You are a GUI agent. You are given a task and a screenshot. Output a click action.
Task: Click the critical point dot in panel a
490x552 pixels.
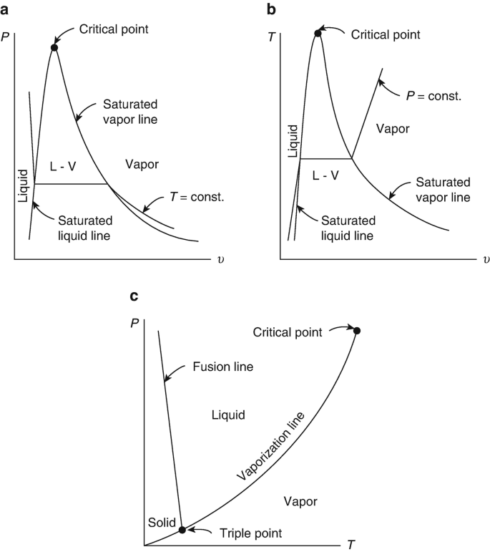[x=54, y=48]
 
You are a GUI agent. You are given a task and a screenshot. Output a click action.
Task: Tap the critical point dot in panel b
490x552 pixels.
[x=318, y=32]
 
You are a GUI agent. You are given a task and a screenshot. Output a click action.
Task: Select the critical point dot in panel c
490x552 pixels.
[x=357, y=330]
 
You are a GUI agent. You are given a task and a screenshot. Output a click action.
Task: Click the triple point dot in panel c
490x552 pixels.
[x=182, y=530]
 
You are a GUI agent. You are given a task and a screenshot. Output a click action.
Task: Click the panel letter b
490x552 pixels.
[x=271, y=9]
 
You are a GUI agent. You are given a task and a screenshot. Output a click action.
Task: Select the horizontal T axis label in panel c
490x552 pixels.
[x=351, y=545]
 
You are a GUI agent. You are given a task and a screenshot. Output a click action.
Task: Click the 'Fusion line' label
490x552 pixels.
[x=223, y=367]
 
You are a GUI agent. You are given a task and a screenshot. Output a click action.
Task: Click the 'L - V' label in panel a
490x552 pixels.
[x=63, y=166]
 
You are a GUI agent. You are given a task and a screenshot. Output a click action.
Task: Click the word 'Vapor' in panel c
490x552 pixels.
[x=300, y=500]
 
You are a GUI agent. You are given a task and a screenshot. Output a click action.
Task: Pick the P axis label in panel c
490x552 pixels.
[x=134, y=323]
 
